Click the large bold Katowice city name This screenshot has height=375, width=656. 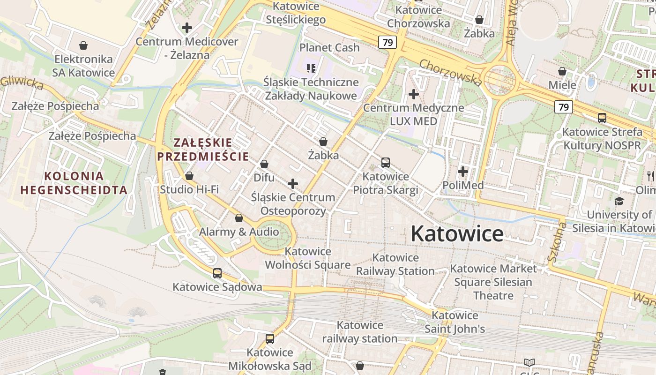tap(457, 233)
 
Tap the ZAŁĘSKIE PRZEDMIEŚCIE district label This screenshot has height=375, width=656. tap(203, 150)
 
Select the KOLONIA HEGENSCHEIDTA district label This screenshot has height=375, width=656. tap(74, 183)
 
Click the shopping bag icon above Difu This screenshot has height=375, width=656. tap(264, 164)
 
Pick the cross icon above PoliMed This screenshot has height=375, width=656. tap(463, 172)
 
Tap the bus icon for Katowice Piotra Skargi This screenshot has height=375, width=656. tap(386, 163)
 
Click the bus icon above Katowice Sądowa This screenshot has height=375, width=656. tap(217, 273)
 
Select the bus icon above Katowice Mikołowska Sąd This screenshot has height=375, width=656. tap(269, 338)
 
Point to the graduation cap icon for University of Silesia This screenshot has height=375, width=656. tap(619, 201)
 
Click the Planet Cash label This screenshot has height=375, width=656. tap(329, 47)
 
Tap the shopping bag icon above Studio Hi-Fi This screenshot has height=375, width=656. tap(189, 176)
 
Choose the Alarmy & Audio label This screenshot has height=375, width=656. tap(239, 232)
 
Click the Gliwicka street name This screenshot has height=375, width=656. tap(22, 82)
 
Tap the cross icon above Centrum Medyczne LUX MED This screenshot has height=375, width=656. tap(413, 94)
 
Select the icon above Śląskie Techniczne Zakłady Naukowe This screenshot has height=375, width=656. tap(311, 68)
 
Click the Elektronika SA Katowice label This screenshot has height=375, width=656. tap(84, 66)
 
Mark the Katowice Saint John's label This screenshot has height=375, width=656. tap(455, 322)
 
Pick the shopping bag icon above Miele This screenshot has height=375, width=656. tap(562, 71)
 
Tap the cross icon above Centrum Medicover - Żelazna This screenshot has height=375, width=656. tap(187, 28)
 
